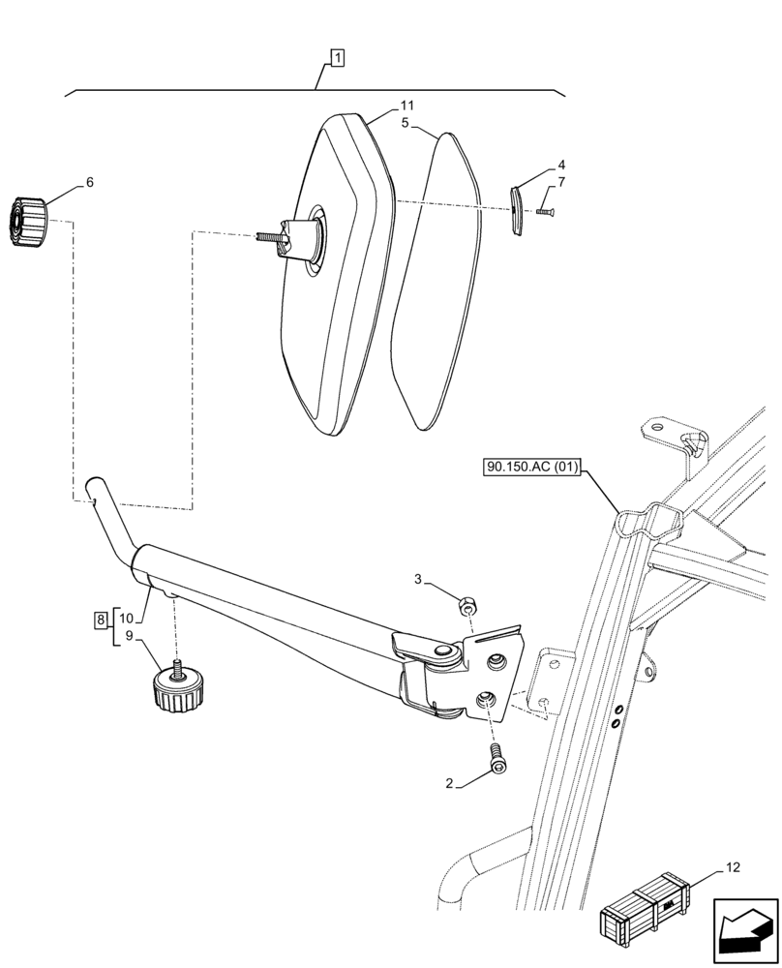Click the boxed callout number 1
[x=336, y=60]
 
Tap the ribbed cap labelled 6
[x=28, y=222]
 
